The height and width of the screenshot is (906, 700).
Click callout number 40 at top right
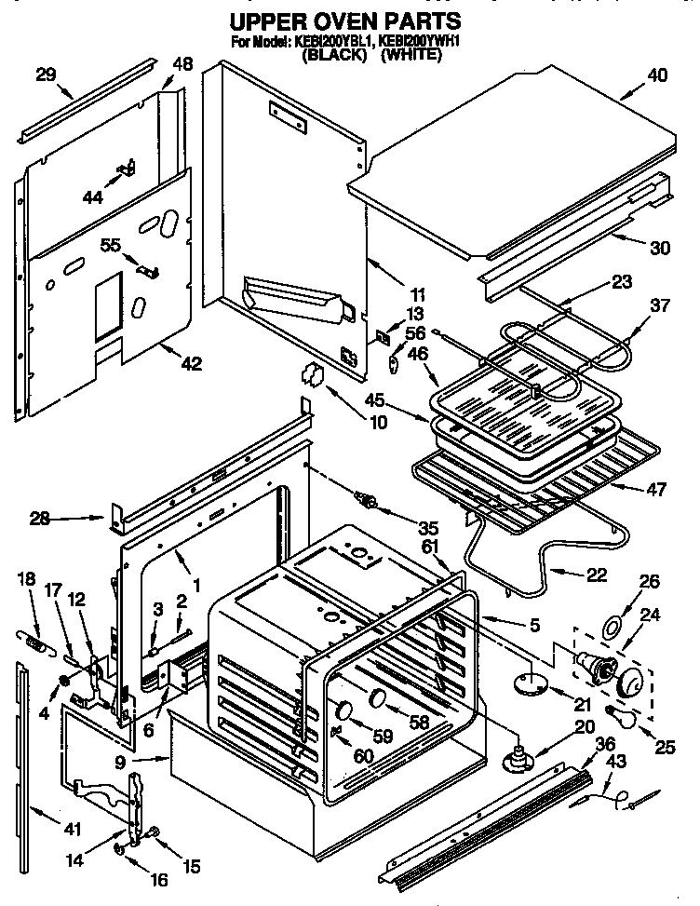(x=656, y=76)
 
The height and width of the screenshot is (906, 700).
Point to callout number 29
(x=47, y=74)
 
